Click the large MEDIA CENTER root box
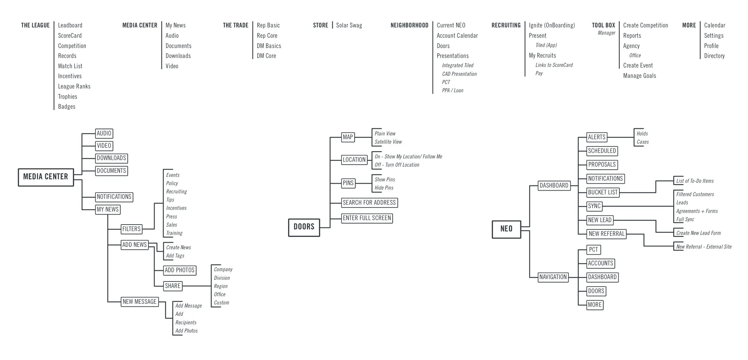(x=46, y=177)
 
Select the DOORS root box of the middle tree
(x=304, y=227)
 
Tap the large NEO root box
(x=506, y=229)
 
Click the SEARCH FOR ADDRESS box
(x=369, y=203)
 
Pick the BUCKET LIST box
(x=603, y=193)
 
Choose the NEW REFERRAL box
(x=606, y=234)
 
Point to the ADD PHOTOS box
(x=180, y=270)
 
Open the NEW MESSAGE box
(x=140, y=302)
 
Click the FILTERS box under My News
(x=131, y=229)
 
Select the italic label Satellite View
(x=388, y=142)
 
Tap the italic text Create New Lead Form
(x=698, y=233)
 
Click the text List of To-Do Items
(x=695, y=181)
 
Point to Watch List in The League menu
(x=70, y=66)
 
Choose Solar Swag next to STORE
(x=349, y=25)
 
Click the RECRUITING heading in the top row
(x=506, y=25)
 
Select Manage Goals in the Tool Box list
(x=639, y=76)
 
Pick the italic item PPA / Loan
(x=452, y=91)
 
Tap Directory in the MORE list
(x=714, y=56)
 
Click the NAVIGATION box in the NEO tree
(x=553, y=277)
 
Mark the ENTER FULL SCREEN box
(x=367, y=218)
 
